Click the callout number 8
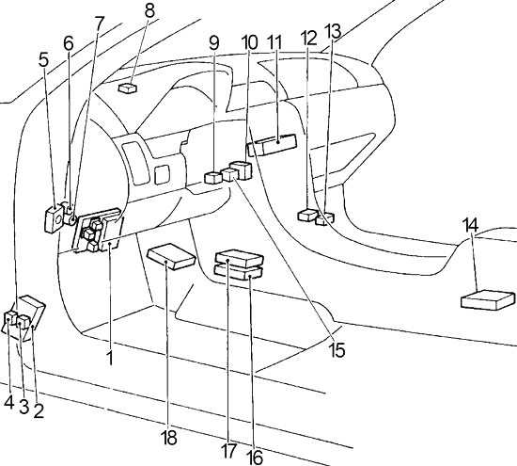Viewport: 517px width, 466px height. coord(149,10)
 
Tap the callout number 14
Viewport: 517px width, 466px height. coord(470,225)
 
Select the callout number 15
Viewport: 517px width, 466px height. coord(337,350)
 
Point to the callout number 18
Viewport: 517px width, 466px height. coord(168,438)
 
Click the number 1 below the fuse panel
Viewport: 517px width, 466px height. coord(111,358)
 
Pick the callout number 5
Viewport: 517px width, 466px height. coord(44,60)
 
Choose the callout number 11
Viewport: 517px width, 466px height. coord(275,42)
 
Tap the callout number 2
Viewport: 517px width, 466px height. coord(39,410)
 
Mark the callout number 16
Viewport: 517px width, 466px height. coord(255,458)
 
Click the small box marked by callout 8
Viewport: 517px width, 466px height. coord(127,88)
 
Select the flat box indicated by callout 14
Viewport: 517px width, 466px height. coord(488,300)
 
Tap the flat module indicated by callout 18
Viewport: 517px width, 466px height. coord(171,257)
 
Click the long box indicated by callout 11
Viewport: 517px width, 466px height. coord(273,145)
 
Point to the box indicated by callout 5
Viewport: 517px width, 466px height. coord(53,218)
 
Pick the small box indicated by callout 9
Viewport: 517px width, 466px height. coord(213,177)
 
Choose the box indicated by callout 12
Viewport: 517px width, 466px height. coord(307,215)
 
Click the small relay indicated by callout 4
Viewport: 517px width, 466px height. coord(11,317)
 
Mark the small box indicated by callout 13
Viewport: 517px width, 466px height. coord(325,219)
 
